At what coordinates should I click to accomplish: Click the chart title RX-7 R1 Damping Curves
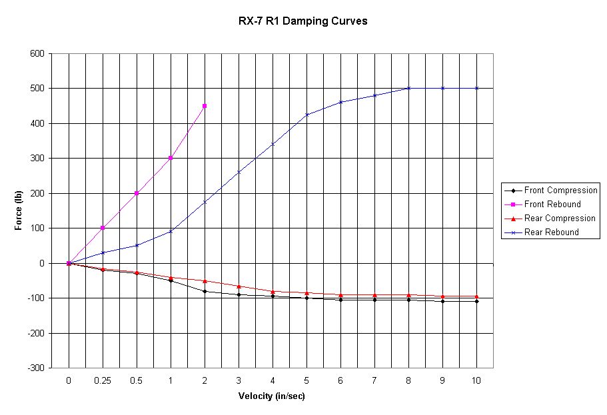click(303, 21)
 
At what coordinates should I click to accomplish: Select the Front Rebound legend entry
click(552, 205)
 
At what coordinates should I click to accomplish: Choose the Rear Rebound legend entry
click(551, 232)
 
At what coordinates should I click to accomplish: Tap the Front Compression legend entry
click(560, 191)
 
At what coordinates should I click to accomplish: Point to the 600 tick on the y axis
click(37, 54)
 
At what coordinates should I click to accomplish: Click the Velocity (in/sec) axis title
click(272, 396)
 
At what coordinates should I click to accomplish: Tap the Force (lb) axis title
click(19, 210)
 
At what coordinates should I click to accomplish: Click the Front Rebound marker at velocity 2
click(205, 106)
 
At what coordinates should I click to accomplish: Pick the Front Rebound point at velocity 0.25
click(103, 228)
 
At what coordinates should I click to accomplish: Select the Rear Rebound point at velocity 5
click(306, 115)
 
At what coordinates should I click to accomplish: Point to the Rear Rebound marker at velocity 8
click(408, 88)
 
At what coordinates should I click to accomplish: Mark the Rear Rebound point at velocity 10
click(476, 88)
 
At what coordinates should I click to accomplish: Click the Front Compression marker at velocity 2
click(205, 291)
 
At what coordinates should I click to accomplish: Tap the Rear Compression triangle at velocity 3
click(239, 286)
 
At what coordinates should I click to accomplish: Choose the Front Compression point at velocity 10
click(476, 301)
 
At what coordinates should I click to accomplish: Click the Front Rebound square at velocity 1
click(171, 158)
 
